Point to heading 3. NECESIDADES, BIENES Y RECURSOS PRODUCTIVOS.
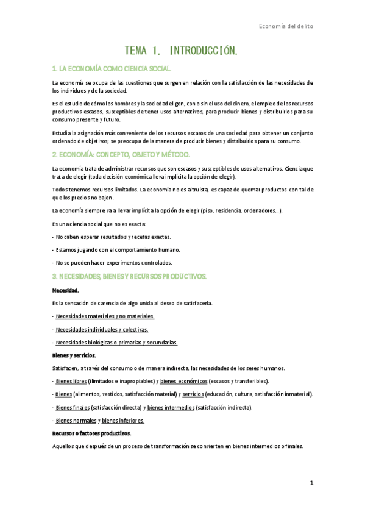pyautogui.click(x=129, y=276)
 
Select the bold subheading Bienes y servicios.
pyautogui.click(x=74, y=355)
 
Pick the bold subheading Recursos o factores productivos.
pyautogui.click(x=91, y=433)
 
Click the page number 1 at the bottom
pyautogui.click(x=311, y=483)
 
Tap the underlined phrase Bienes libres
pyautogui.click(x=71, y=381)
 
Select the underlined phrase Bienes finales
pyautogui.click(x=72, y=407)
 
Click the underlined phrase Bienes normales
pyautogui.click(x=74, y=421)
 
